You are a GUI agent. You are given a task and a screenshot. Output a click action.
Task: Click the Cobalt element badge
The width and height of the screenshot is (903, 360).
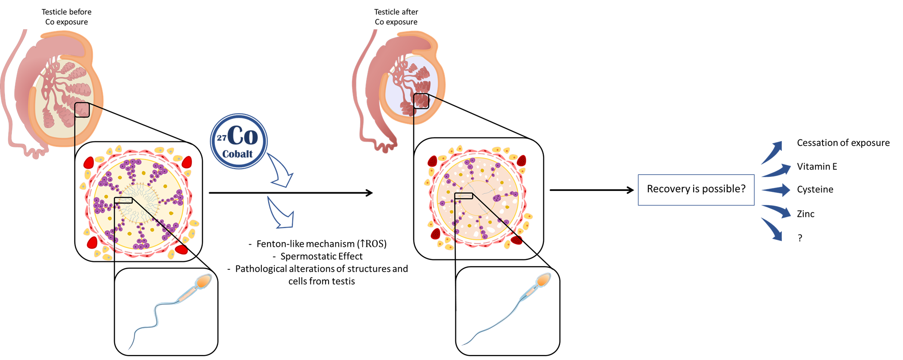pos(239,141)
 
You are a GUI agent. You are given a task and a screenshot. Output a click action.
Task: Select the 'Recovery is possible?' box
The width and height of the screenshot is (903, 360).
pos(696,190)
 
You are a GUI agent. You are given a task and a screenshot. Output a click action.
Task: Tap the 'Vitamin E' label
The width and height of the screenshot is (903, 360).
pos(817,166)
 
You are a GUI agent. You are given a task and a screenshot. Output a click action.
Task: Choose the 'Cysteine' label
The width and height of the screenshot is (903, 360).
pos(815,189)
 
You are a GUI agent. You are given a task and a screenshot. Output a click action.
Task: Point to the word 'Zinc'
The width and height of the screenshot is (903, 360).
pos(805,214)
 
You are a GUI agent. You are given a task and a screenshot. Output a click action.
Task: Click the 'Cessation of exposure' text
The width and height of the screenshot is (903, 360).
pos(843,143)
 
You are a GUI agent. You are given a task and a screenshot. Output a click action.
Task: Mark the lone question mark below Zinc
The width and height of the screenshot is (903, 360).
pos(800,238)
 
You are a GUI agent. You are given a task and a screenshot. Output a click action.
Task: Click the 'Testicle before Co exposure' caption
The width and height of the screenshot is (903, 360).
pos(67,17)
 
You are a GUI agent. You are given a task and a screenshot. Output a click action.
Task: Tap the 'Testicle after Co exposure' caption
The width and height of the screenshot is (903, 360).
pos(396,17)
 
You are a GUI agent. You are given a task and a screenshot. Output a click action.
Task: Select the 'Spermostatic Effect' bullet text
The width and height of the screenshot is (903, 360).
pos(321,256)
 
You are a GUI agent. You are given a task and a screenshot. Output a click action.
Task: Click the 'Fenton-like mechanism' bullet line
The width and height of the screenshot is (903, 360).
pos(321,244)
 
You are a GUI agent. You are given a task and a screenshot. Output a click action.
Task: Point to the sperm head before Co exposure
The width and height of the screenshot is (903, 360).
pos(203,282)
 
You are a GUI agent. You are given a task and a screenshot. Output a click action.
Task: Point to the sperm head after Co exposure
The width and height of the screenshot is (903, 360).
pos(544,280)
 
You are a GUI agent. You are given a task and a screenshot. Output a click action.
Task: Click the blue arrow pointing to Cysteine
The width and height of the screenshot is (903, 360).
pos(777,190)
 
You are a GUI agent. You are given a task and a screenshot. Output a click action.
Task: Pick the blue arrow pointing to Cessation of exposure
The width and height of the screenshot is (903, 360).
pos(772,152)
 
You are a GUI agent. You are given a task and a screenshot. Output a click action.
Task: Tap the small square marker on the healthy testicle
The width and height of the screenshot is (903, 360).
pos(82,110)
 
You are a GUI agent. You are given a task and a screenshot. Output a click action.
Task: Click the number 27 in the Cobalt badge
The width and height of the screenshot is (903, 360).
pos(221,138)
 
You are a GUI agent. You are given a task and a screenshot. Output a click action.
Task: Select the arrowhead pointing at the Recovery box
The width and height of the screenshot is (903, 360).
pos(630,190)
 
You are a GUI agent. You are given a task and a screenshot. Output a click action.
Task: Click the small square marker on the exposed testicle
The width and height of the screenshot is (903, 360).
pos(421,101)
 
